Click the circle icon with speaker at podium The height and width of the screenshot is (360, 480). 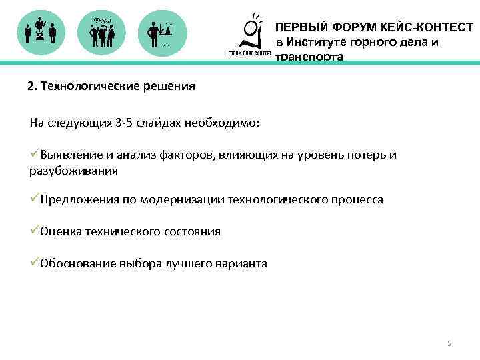click(x=41, y=31)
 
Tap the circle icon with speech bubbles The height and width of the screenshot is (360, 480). click(x=101, y=31)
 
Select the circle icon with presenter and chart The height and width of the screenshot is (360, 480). click(x=162, y=31)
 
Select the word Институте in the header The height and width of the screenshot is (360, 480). click(x=317, y=43)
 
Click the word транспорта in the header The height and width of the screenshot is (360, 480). click(x=309, y=57)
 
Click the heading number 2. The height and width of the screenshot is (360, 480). click(x=31, y=87)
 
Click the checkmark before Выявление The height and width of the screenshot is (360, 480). click(x=34, y=155)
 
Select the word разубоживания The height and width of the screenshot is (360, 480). click(x=73, y=171)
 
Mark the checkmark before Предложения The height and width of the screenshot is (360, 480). click(x=34, y=199)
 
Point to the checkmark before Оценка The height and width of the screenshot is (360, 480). click(x=34, y=231)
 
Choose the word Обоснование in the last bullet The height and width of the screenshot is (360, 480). click(x=75, y=263)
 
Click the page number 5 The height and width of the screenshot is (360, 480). click(x=449, y=343)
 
